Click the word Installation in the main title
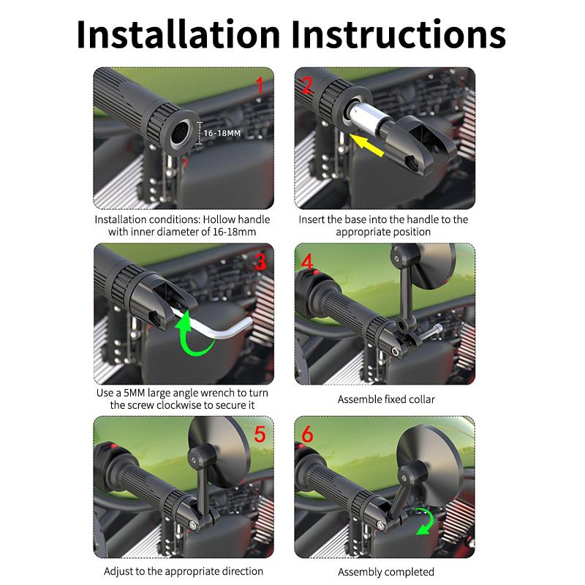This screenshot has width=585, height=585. pyautogui.click(x=178, y=34)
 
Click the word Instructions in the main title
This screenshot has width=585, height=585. pyautogui.click(x=399, y=34)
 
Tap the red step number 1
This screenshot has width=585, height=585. pyautogui.click(x=260, y=86)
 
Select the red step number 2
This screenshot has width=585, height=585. pyautogui.click(x=307, y=86)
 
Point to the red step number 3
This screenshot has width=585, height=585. pyautogui.click(x=260, y=261)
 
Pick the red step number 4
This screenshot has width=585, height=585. pyautogui.click(x=307, y=261)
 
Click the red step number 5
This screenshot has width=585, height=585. pyautogui.click(x=260, y=434)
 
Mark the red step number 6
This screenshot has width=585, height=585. pyautogui.click(x=307, y=434)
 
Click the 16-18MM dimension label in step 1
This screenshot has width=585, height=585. pyautogui.click(x=222, y=133)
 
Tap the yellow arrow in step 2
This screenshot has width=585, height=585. pyautogui.click(x=367, y=145)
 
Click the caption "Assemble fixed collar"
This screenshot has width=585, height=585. pyautogui.click(x=386, y=399)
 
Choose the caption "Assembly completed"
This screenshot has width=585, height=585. pyautogui.click(x=386, y=572)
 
